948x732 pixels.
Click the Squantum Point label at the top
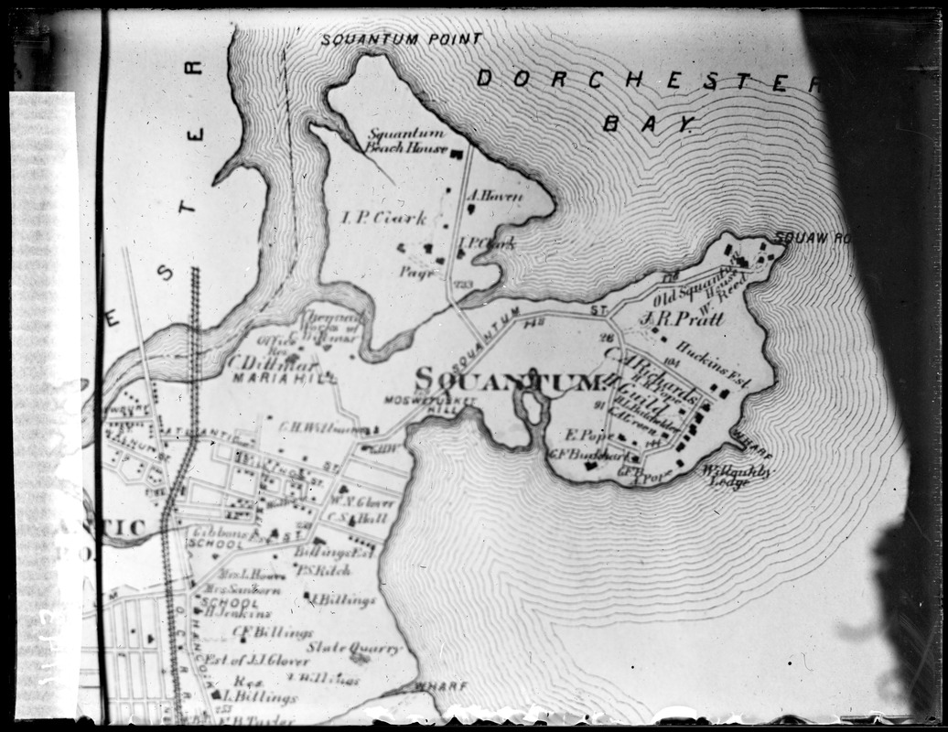pos(400,39)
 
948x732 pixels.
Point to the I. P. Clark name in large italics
pos(383,218)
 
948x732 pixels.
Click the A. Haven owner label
pos(494,195)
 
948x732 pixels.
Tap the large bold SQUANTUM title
pos(508,380)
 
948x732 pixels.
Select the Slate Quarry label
pos(353,648)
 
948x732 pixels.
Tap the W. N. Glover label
pos(361,501)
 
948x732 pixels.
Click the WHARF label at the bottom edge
pos(440,685)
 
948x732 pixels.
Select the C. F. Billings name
pos(260,631)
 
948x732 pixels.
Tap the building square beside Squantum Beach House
pos(456,150)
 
